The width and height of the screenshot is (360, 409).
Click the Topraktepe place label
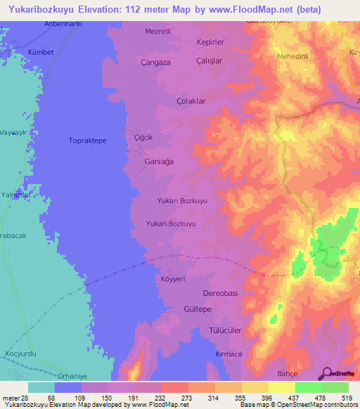pyautogui.click(x=87, y=141)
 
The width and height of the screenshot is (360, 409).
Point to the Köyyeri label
pyautogui.click(x=173, y=279)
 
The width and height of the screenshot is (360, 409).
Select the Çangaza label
pyautogui.click(x=155, y=62)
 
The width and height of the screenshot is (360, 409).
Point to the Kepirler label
pyautogui.click(x=210, y=41)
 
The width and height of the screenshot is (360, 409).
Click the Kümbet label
pyautogui.click(x=41, y=52)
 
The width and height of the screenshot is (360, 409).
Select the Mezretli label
pyautogui.click(x=158, y=32)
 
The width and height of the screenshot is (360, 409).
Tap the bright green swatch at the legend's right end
pyautogui.click(x=335, y=387)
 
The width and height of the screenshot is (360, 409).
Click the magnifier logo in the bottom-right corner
pyautogui.click(x=326, y=374)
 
